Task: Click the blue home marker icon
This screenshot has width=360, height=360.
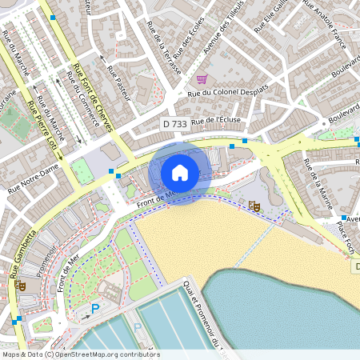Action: point(180,172)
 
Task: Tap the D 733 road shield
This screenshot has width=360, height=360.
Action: point(176,124)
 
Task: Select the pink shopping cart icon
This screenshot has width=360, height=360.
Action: point(202,79)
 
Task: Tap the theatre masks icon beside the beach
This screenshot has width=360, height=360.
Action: point(254,206)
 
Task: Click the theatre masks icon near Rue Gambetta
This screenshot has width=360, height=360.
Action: point(21,283)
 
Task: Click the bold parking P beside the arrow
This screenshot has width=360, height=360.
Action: point(95,309)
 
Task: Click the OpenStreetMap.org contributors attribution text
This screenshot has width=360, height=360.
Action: point(108,354)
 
